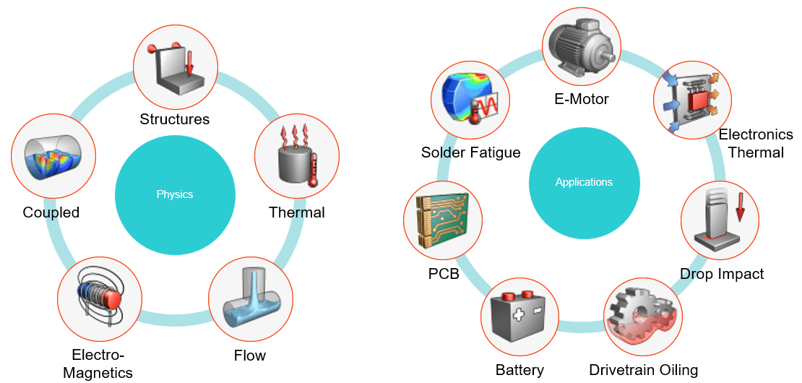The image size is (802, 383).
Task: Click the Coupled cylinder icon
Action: click(x=53, y=156)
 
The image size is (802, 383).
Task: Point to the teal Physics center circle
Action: click(x=175, y=194)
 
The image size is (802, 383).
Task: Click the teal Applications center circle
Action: click(x=584, y=181)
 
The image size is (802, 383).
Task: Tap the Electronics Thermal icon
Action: click(x=694, y=101)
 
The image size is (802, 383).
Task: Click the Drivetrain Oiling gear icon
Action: click(x=643, y=317)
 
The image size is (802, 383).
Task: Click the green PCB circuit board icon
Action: click(x=443, y=220)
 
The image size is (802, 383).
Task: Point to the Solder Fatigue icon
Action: click(x=470, y=101)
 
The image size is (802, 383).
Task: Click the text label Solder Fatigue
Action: click(x=471, y=152)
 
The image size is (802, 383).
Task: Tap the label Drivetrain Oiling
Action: click(x=644, y=369)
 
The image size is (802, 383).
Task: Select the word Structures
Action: click(x=174, y=119)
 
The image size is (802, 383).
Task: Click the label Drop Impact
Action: click(x=723, y=274)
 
